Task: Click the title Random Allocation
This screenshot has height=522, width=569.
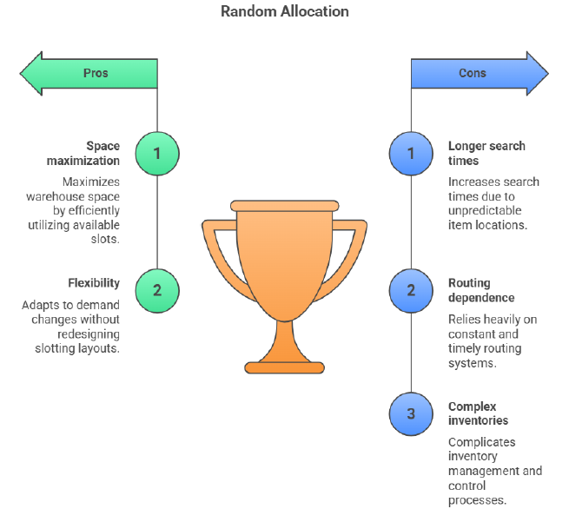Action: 284,11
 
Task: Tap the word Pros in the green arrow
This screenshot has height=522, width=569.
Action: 96,73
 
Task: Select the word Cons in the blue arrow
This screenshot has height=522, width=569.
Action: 473,73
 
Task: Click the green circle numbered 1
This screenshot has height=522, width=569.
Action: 157,154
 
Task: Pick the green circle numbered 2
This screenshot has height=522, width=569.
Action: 157,290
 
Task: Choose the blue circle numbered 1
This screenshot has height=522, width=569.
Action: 411,154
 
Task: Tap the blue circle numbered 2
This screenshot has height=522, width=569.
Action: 411,290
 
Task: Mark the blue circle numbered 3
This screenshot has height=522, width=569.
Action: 411,413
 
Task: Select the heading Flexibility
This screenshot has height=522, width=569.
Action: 94,283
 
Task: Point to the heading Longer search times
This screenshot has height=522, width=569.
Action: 486,154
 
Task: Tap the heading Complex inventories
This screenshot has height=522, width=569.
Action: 478,413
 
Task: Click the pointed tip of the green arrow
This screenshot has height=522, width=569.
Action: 23,73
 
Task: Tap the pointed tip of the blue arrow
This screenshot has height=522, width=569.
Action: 546,73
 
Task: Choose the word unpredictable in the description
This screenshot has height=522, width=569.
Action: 488,211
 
